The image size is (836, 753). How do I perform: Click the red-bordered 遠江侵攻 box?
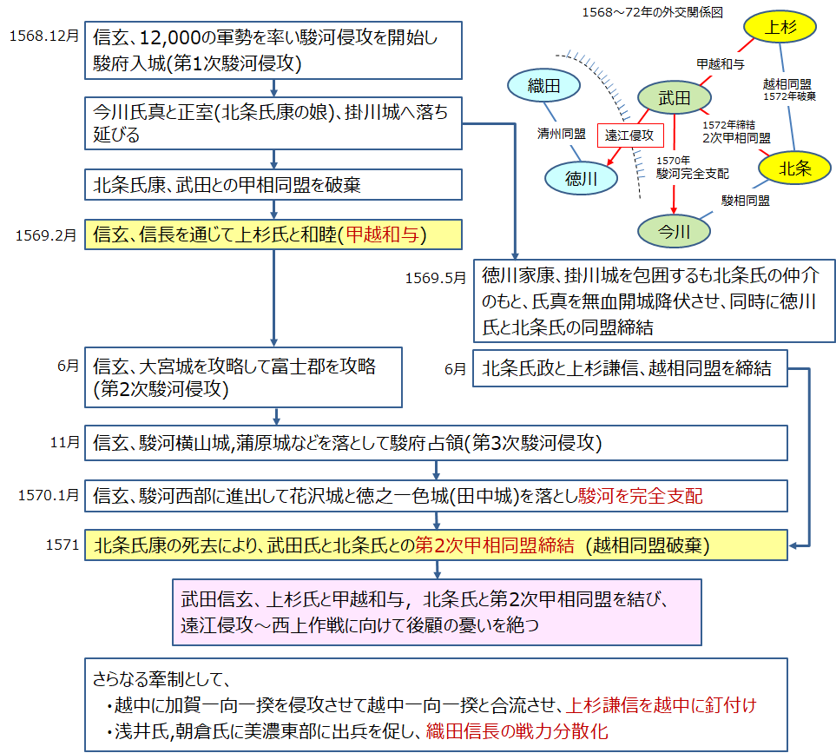(629, 135)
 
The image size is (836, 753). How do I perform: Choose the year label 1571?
(63, 545)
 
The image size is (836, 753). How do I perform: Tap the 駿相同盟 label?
(746, 201)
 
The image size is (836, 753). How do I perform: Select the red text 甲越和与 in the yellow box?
(388, 234)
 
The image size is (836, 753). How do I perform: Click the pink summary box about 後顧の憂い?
(437, 612)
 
